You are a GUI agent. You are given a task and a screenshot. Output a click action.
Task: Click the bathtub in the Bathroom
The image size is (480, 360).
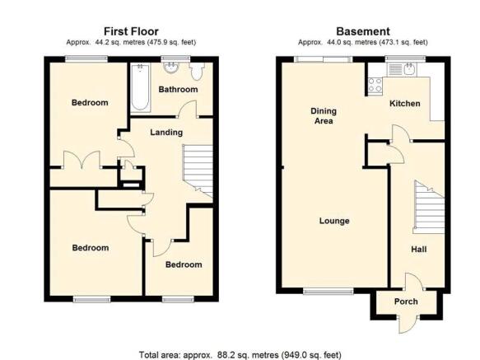[x=141, y=87]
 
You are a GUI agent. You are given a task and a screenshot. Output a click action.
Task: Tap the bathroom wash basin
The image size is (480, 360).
[x=171, y=68]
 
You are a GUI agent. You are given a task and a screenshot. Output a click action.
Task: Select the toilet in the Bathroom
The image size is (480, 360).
[x=196, y=71]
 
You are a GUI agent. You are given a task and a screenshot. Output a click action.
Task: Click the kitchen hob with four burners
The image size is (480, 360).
[x=375, y=85]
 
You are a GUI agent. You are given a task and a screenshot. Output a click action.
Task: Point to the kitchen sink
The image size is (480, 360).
[x=401, y=69]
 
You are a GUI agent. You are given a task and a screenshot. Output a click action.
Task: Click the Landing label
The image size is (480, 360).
[x=166, y=133]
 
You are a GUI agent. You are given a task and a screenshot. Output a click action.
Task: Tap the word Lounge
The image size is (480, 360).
[x=334, y=221]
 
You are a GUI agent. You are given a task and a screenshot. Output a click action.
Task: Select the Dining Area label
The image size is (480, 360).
[x=324, y=116]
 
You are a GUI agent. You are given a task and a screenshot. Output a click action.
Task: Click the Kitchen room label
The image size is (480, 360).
[x=405, y=104]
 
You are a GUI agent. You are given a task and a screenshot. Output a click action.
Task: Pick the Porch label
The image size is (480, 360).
[x=406, y=302]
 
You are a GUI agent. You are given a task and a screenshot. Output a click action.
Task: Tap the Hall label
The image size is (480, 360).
[x=418, y=249]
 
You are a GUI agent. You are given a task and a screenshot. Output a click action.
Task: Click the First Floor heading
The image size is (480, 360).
[x=131, y=31]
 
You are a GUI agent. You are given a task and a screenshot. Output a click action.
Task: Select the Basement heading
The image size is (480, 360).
[x=363, y=31]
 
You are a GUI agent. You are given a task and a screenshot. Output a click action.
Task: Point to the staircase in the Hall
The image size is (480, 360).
[x=429, y=204]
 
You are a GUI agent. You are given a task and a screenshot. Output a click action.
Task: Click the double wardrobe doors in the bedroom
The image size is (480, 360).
[x=82, y=160]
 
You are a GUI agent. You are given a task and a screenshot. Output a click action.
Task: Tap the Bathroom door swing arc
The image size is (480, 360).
[x=187, y=108]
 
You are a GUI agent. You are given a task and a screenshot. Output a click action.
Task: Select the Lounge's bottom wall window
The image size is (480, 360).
[x=329, y=292]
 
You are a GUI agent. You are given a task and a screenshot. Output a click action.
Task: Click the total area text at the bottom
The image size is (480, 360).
[x=240, y=355]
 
